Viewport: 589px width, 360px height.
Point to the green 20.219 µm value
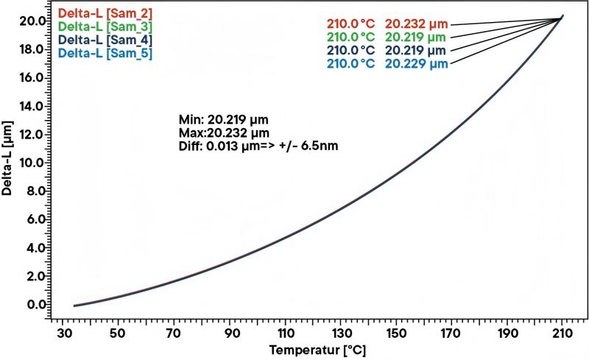(x=417, y=36)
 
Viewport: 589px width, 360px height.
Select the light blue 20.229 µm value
(x=417, y=64)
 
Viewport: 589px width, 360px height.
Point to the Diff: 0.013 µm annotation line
(x=258, y=146)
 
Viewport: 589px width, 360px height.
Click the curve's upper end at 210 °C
(x=562, y=16)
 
